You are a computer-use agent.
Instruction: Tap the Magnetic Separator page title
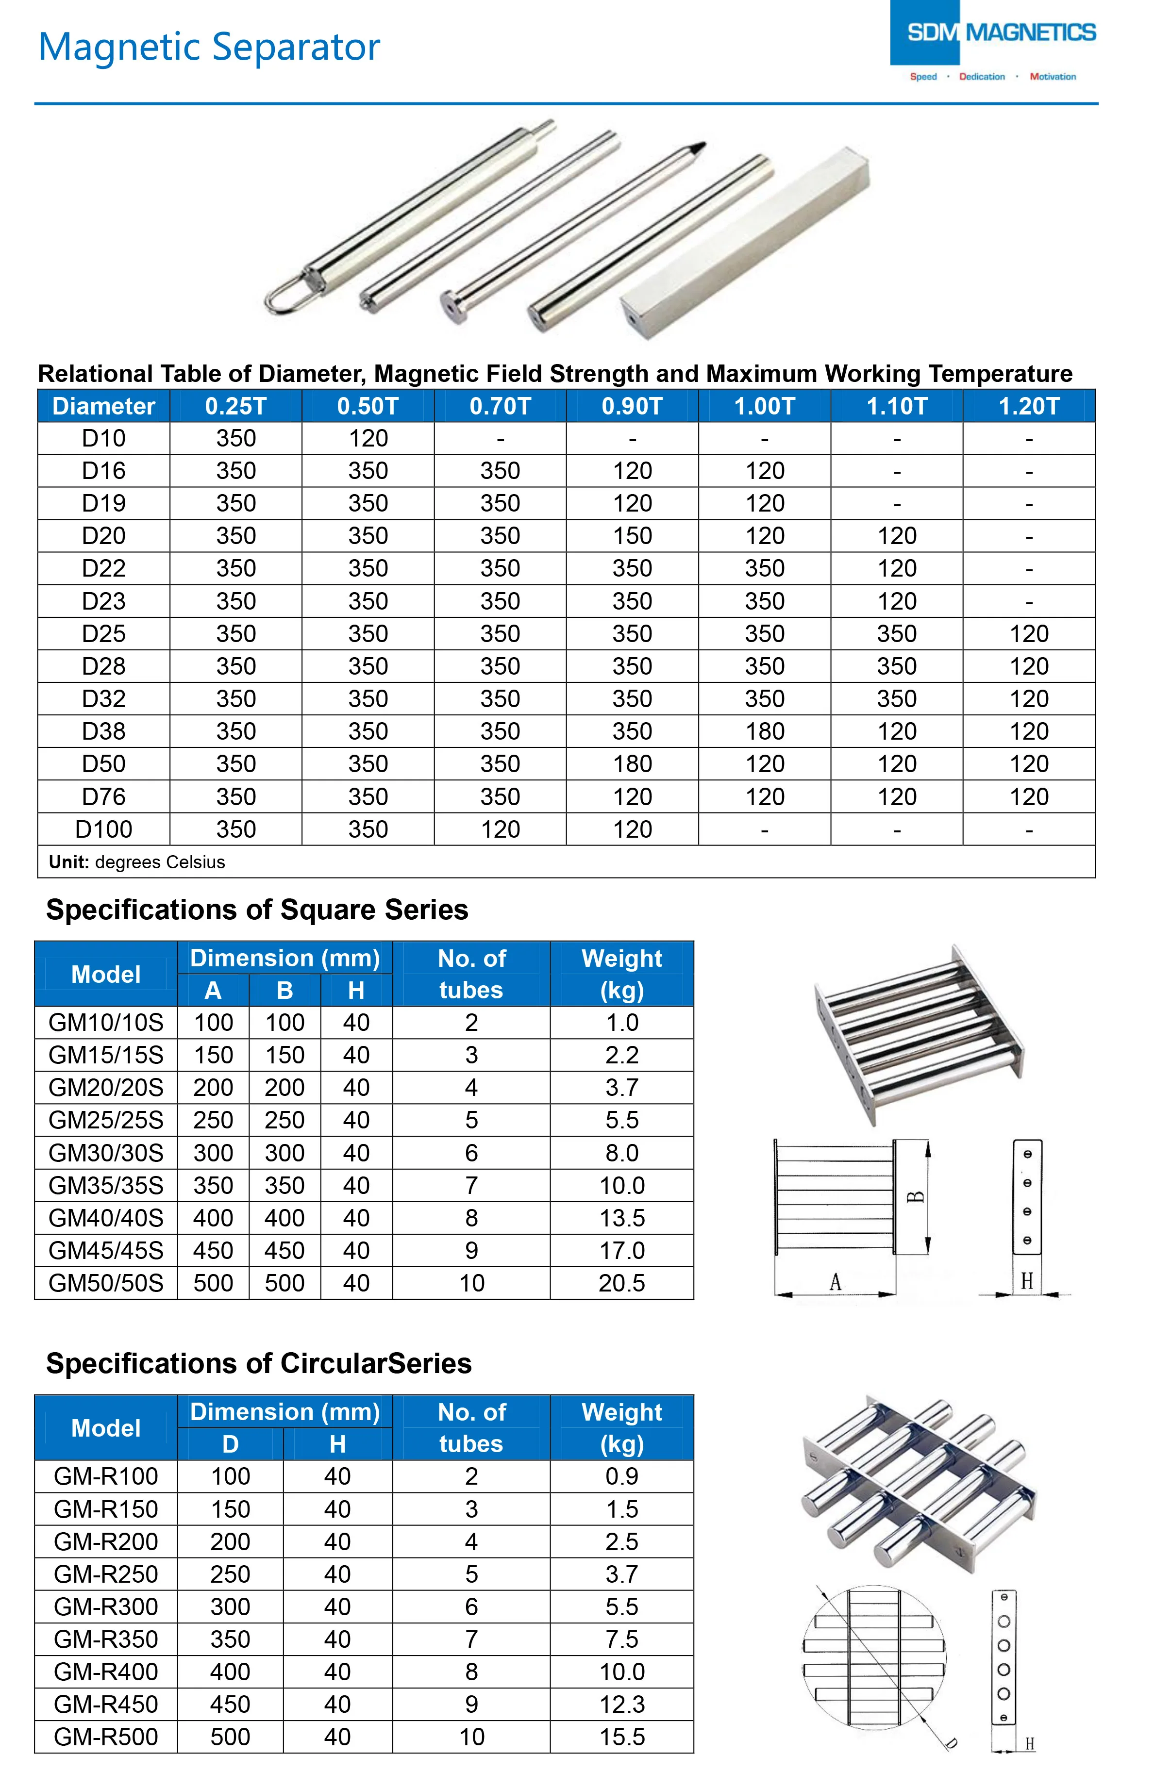click(209, 47)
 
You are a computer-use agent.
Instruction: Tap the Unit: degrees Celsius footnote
click(136, 862)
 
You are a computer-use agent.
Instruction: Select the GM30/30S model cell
click(106, 1153)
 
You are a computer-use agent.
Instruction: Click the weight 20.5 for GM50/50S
click(621, 1283)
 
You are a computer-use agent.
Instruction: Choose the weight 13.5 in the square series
click(621, 1218)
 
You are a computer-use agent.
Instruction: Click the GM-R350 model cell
click(106, 1639)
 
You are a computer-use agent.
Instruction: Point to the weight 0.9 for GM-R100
click(621, 1476)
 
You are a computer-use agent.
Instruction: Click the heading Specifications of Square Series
click(257, 910)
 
